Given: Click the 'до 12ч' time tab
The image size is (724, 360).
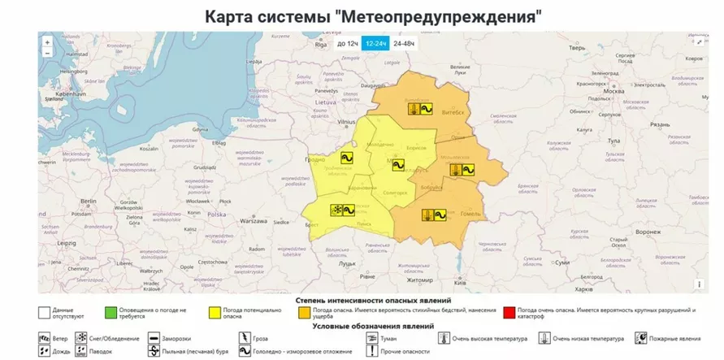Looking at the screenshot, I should coord(347,43).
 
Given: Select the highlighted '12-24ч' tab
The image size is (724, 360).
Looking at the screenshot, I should coord(375,43).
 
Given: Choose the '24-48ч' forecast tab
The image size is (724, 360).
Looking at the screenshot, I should coord(403,43).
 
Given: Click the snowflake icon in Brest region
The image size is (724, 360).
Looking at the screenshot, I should coord(334,210).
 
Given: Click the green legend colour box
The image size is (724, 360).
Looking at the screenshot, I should coord(110,311).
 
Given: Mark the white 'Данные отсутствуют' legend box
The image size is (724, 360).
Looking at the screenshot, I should coord(43,311).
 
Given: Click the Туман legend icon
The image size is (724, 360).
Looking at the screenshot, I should coord(373,337).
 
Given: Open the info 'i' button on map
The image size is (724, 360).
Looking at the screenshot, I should coord(699,284).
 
